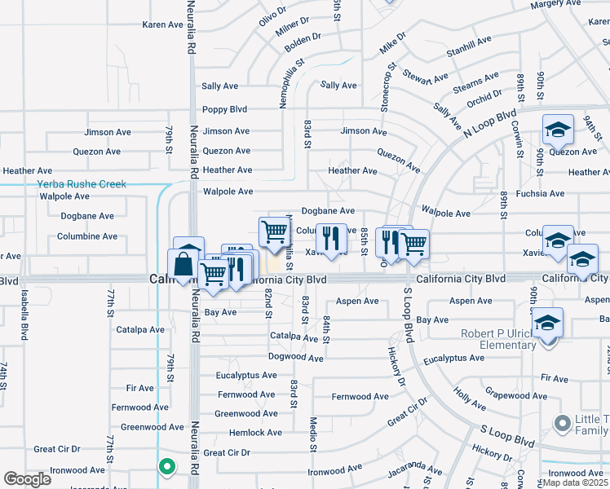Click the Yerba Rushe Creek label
click(82, 184)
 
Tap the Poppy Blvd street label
click(224, 109)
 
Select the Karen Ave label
click(162, 25)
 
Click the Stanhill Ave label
click(469, 40)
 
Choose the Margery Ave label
click(554, 5)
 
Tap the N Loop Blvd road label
click(491, 121)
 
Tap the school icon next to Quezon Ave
click(559, 130)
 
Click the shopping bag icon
click(181, 264)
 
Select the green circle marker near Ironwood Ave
click(166, 467)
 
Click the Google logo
click(26, 479)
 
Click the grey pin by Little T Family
click(561, 423)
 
